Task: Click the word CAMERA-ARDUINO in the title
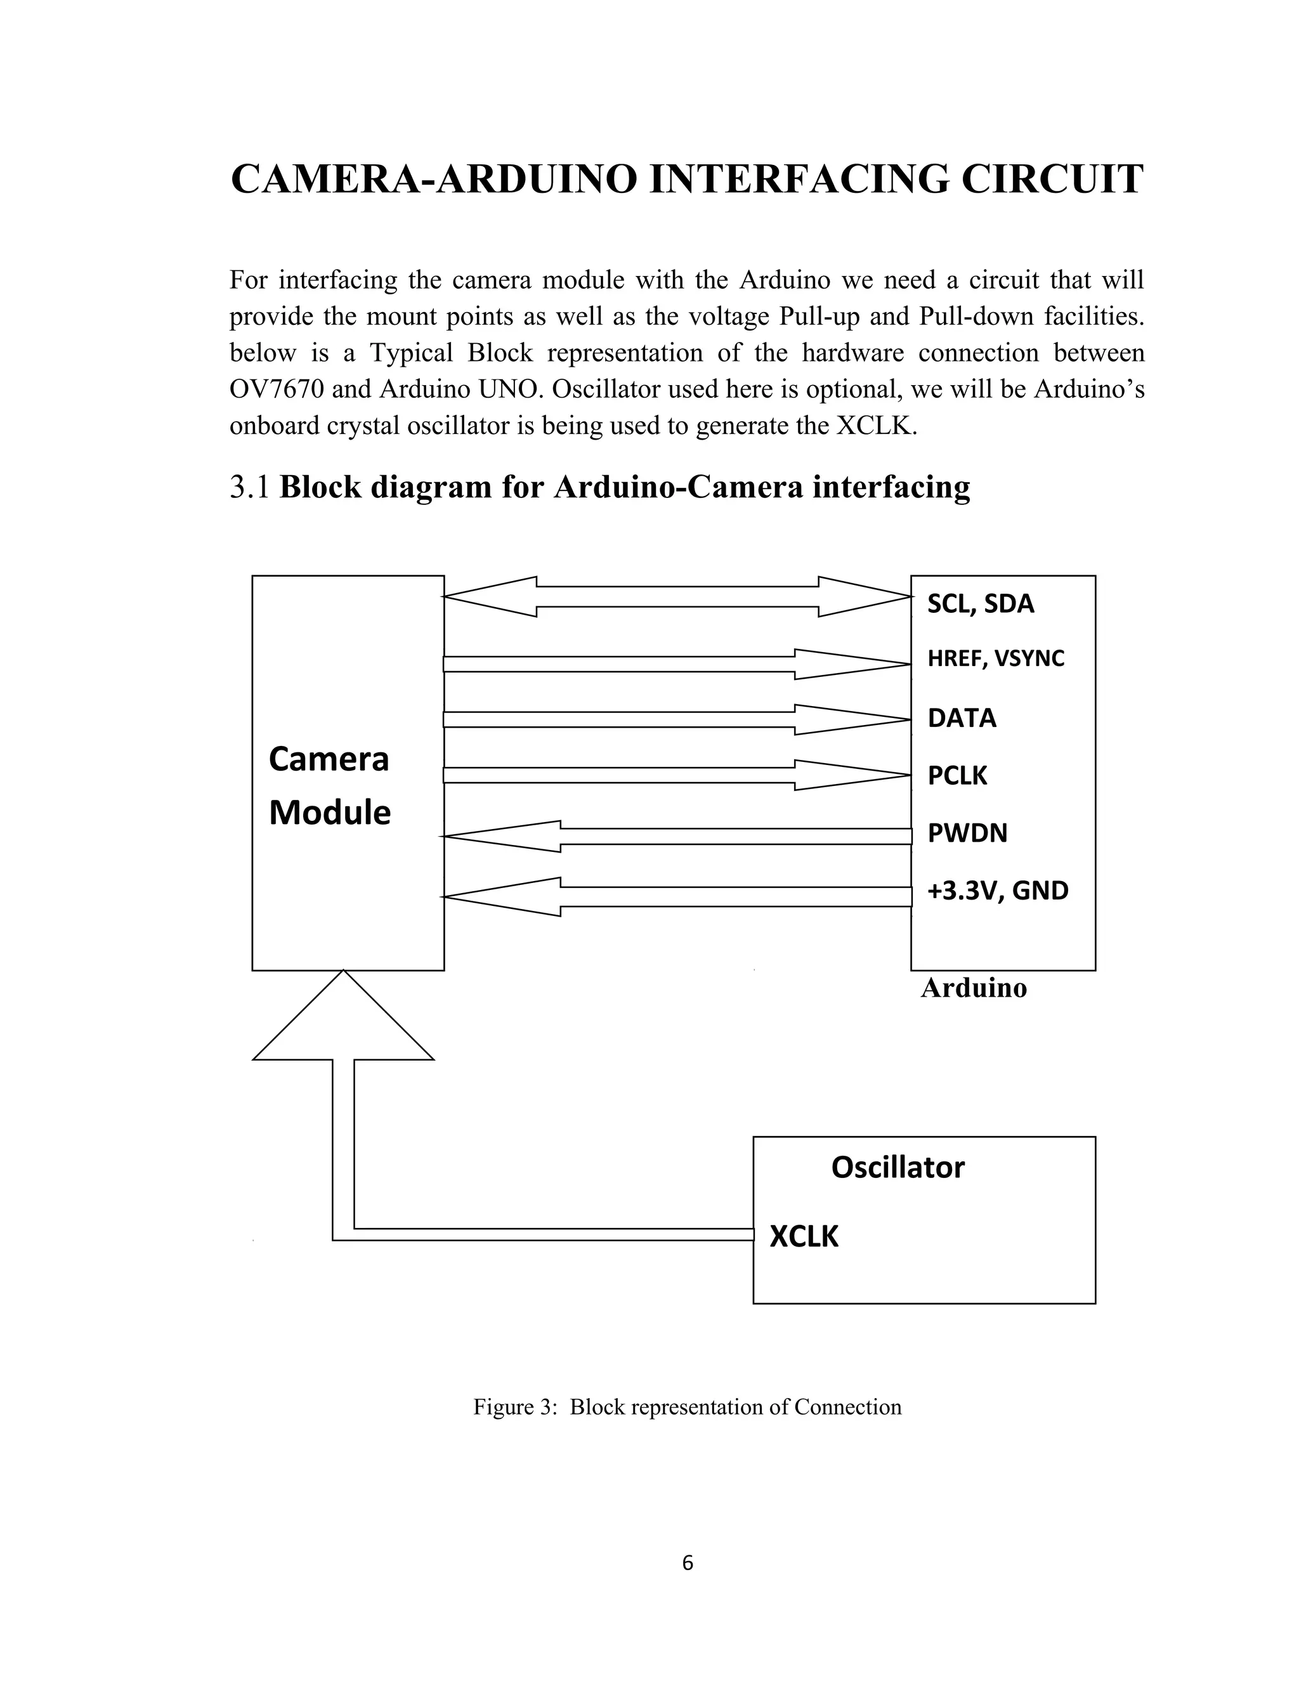434,180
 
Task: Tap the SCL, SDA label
981,604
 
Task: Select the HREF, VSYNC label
996,659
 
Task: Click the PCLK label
956,775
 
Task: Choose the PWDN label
967,833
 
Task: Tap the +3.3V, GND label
997,891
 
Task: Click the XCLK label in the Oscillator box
804,1236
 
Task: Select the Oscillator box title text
898,1168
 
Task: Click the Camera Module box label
329,786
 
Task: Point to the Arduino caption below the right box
974,988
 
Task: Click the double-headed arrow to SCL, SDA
677,596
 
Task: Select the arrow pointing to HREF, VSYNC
677,664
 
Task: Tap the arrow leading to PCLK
677,775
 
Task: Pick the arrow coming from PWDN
677,836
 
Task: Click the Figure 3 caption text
687,1407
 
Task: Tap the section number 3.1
249,487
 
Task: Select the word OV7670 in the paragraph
277,389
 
